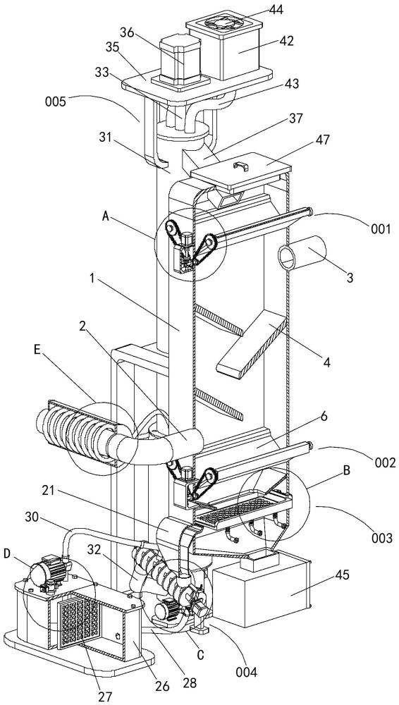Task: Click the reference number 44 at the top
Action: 276,9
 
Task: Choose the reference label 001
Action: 381,229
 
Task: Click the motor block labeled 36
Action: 180,58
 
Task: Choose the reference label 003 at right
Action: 381,537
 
